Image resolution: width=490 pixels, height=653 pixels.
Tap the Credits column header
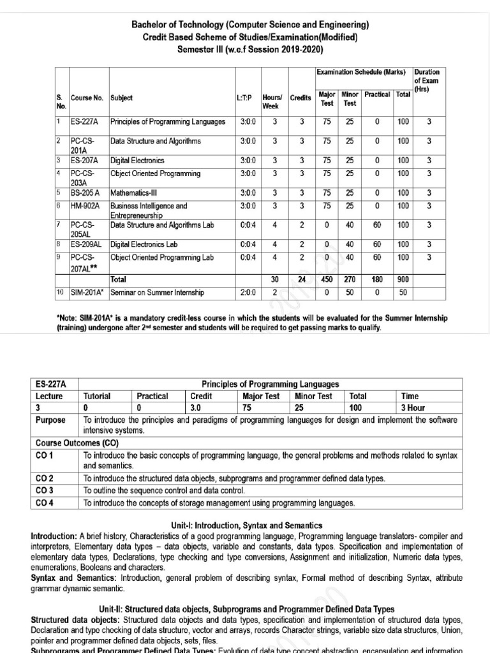coord(301,98)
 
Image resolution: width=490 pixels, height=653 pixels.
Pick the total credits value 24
coord(302,279)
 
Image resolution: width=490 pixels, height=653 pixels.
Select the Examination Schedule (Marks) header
coord(362,72)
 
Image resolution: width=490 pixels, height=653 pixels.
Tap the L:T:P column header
coord(245,98)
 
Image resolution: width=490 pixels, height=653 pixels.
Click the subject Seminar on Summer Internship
coord(157,293)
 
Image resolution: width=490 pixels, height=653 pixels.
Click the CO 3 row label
coord(45,490)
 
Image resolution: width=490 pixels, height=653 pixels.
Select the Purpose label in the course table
coord(51,420)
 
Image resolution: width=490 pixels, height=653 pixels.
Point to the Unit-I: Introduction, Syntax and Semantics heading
coord(244,525)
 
